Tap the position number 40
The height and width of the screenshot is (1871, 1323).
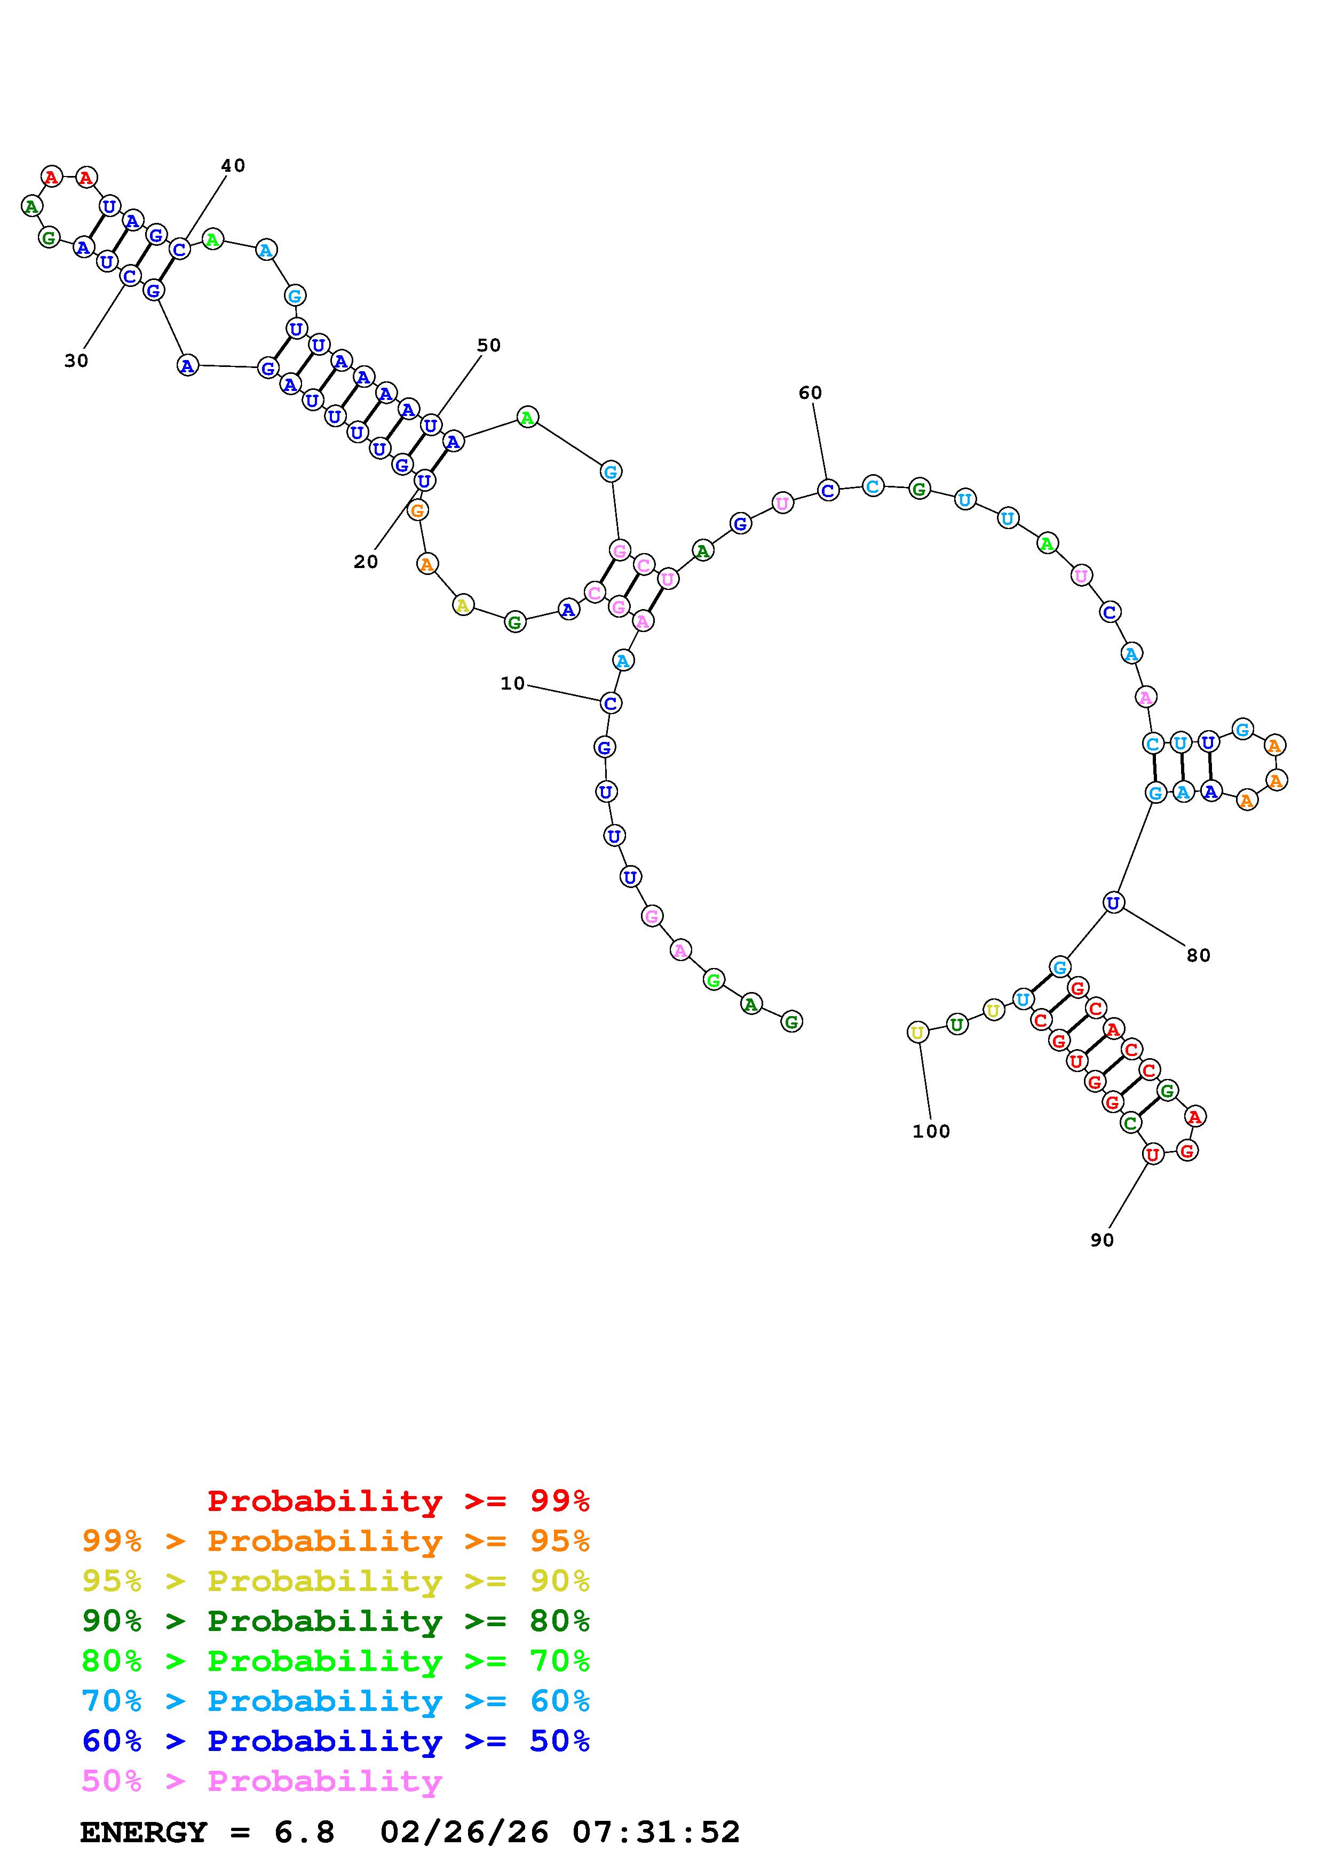click(x=233, y=165)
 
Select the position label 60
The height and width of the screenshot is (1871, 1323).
click(x=810, y=393)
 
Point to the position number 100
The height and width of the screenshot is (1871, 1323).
click(x=931, y=1131)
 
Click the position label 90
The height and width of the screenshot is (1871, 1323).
click(x=1102, y=1240)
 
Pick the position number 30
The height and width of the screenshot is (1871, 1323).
click(x=76, y=361)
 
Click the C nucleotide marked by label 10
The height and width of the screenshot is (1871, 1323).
click(x=611, y=702)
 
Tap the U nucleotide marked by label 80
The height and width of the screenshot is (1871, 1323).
click(x=1113, y=902)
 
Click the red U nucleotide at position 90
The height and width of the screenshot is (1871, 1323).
click(x=1152, y=1154)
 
